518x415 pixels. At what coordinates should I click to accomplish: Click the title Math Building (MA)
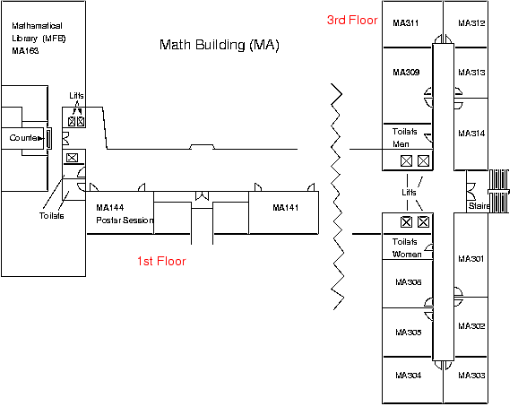tap(219, 44)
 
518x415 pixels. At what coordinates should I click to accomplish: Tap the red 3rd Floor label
tap(352, 20)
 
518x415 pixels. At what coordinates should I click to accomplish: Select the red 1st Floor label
tap(161, 262)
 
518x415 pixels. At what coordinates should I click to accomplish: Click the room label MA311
tap(407, 22)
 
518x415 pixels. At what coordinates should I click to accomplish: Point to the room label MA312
tap(471, 22)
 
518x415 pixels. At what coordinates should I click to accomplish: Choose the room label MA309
tap(407, 73)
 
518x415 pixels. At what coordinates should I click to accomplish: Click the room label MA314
tap(471, 134)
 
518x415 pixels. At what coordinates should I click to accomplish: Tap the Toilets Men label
tap(407, 135)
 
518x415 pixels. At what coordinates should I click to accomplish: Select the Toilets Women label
tap(408, 248)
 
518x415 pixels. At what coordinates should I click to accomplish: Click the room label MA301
tap(471, 259)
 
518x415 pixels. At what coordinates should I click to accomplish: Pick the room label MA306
tap(408, 282)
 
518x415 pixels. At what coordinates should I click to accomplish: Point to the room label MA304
tap(408, 375)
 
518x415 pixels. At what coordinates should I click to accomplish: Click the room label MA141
tap(286, 207)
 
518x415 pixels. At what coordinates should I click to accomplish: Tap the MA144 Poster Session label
tap(125, 213)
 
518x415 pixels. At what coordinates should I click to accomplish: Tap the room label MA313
tap(471, 73)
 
